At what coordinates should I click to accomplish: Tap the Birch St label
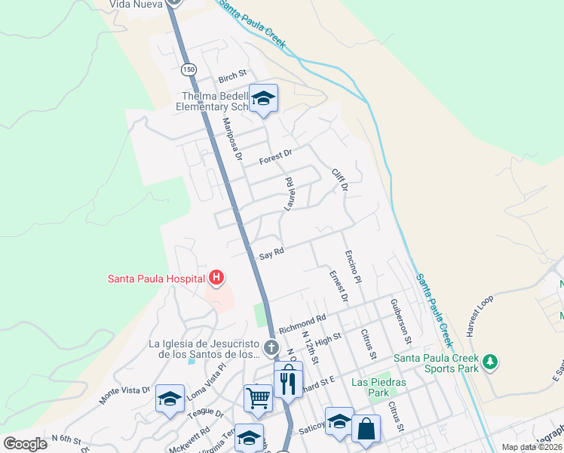click(232, 76)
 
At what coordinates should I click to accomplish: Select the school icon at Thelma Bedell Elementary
click(263, 98)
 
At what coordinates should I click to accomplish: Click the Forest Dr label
click(275, 157)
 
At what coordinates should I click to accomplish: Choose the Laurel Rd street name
click(288, 194)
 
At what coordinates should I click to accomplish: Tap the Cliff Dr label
click(340, 180)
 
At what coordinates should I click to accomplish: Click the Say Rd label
click(271, 255)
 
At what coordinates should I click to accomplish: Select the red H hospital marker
click(216, 279)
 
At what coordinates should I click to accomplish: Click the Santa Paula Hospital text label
click(156, 279)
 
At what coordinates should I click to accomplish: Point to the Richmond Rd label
click(302, 325)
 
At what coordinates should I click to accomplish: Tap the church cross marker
click(272, 348)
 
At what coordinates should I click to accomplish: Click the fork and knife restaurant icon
click(287, 381)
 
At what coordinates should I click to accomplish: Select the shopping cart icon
click(258, 396)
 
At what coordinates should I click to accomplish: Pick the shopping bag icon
click(366, 428)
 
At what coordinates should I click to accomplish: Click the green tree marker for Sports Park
click(490, 362)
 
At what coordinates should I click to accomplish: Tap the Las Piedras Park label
click(379, 388)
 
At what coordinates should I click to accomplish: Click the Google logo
click(25, 443)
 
